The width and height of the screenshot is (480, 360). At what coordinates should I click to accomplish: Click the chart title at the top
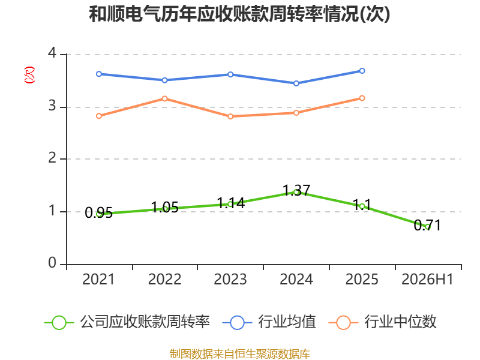(239, 14)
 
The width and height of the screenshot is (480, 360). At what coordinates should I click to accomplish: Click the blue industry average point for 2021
(99, 74)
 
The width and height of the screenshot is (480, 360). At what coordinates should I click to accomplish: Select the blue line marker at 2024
(296, 83)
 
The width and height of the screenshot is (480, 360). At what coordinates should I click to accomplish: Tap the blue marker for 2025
(362, 71)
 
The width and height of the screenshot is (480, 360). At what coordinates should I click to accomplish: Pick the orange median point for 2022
(164, 98)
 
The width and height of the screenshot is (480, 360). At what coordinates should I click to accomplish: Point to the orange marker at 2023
(230, 116)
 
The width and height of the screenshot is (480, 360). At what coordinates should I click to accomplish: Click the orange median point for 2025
(362, 98)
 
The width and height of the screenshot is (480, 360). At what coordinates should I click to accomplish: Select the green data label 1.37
(296, 190)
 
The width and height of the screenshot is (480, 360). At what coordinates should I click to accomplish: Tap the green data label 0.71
(427, 226)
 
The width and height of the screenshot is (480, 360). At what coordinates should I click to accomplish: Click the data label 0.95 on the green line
(99, 213)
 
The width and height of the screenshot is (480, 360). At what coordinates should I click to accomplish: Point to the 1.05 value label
(164, 208)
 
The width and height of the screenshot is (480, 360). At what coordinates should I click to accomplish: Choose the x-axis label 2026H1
(427, 280)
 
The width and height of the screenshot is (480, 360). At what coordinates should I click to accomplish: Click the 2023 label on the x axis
(230, 280)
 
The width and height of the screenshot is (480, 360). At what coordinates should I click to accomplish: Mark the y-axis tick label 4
(52, 53)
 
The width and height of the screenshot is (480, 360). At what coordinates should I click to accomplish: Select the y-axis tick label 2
(52, 158)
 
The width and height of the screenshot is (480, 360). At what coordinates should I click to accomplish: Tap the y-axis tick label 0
(52, 263)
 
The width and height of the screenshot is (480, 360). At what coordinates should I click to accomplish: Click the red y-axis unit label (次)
(29, 75)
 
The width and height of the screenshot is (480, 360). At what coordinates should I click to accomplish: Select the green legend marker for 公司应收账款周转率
(59, 323)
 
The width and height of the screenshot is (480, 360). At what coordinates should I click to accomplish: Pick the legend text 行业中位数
(400, 322)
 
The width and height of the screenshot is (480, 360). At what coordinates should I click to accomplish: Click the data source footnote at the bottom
(240, 354)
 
